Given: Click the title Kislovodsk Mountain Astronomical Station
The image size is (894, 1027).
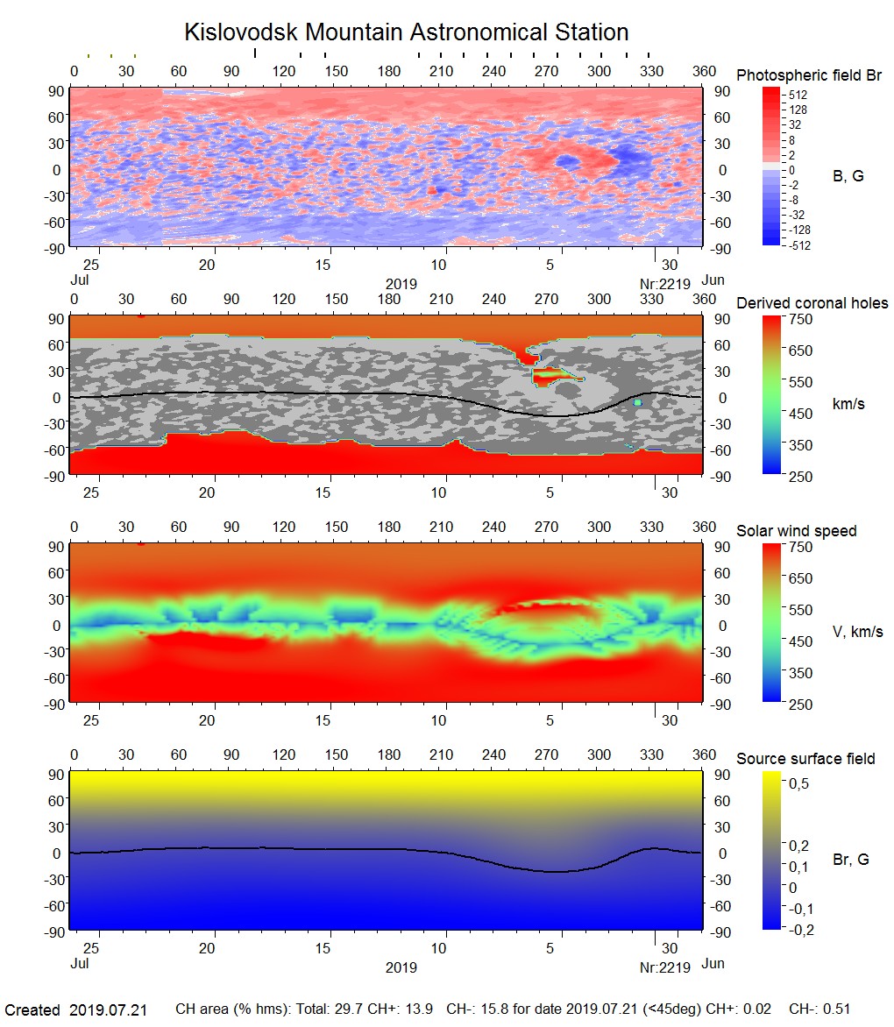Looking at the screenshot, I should [406, 32].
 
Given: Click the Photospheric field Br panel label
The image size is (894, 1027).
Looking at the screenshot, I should [809, 75].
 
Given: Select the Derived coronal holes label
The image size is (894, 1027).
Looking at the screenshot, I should [812, 303].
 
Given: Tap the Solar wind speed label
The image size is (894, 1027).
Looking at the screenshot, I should [796, 531].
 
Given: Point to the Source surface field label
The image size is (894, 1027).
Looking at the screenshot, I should [805, 758].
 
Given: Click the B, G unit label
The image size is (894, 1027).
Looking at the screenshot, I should [848, 176].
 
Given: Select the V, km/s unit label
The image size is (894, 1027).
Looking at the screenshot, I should [857, 632].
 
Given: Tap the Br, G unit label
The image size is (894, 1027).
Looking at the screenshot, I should [851, 860].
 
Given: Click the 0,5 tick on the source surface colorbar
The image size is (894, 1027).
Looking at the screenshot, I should [798, 783].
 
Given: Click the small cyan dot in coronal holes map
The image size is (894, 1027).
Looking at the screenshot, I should [638, 402].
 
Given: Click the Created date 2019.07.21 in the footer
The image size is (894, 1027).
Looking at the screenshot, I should [108, 1009].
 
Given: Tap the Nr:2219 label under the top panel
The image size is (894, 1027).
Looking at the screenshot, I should [664, 283].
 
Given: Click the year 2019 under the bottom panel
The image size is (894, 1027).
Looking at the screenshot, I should [401, 968].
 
